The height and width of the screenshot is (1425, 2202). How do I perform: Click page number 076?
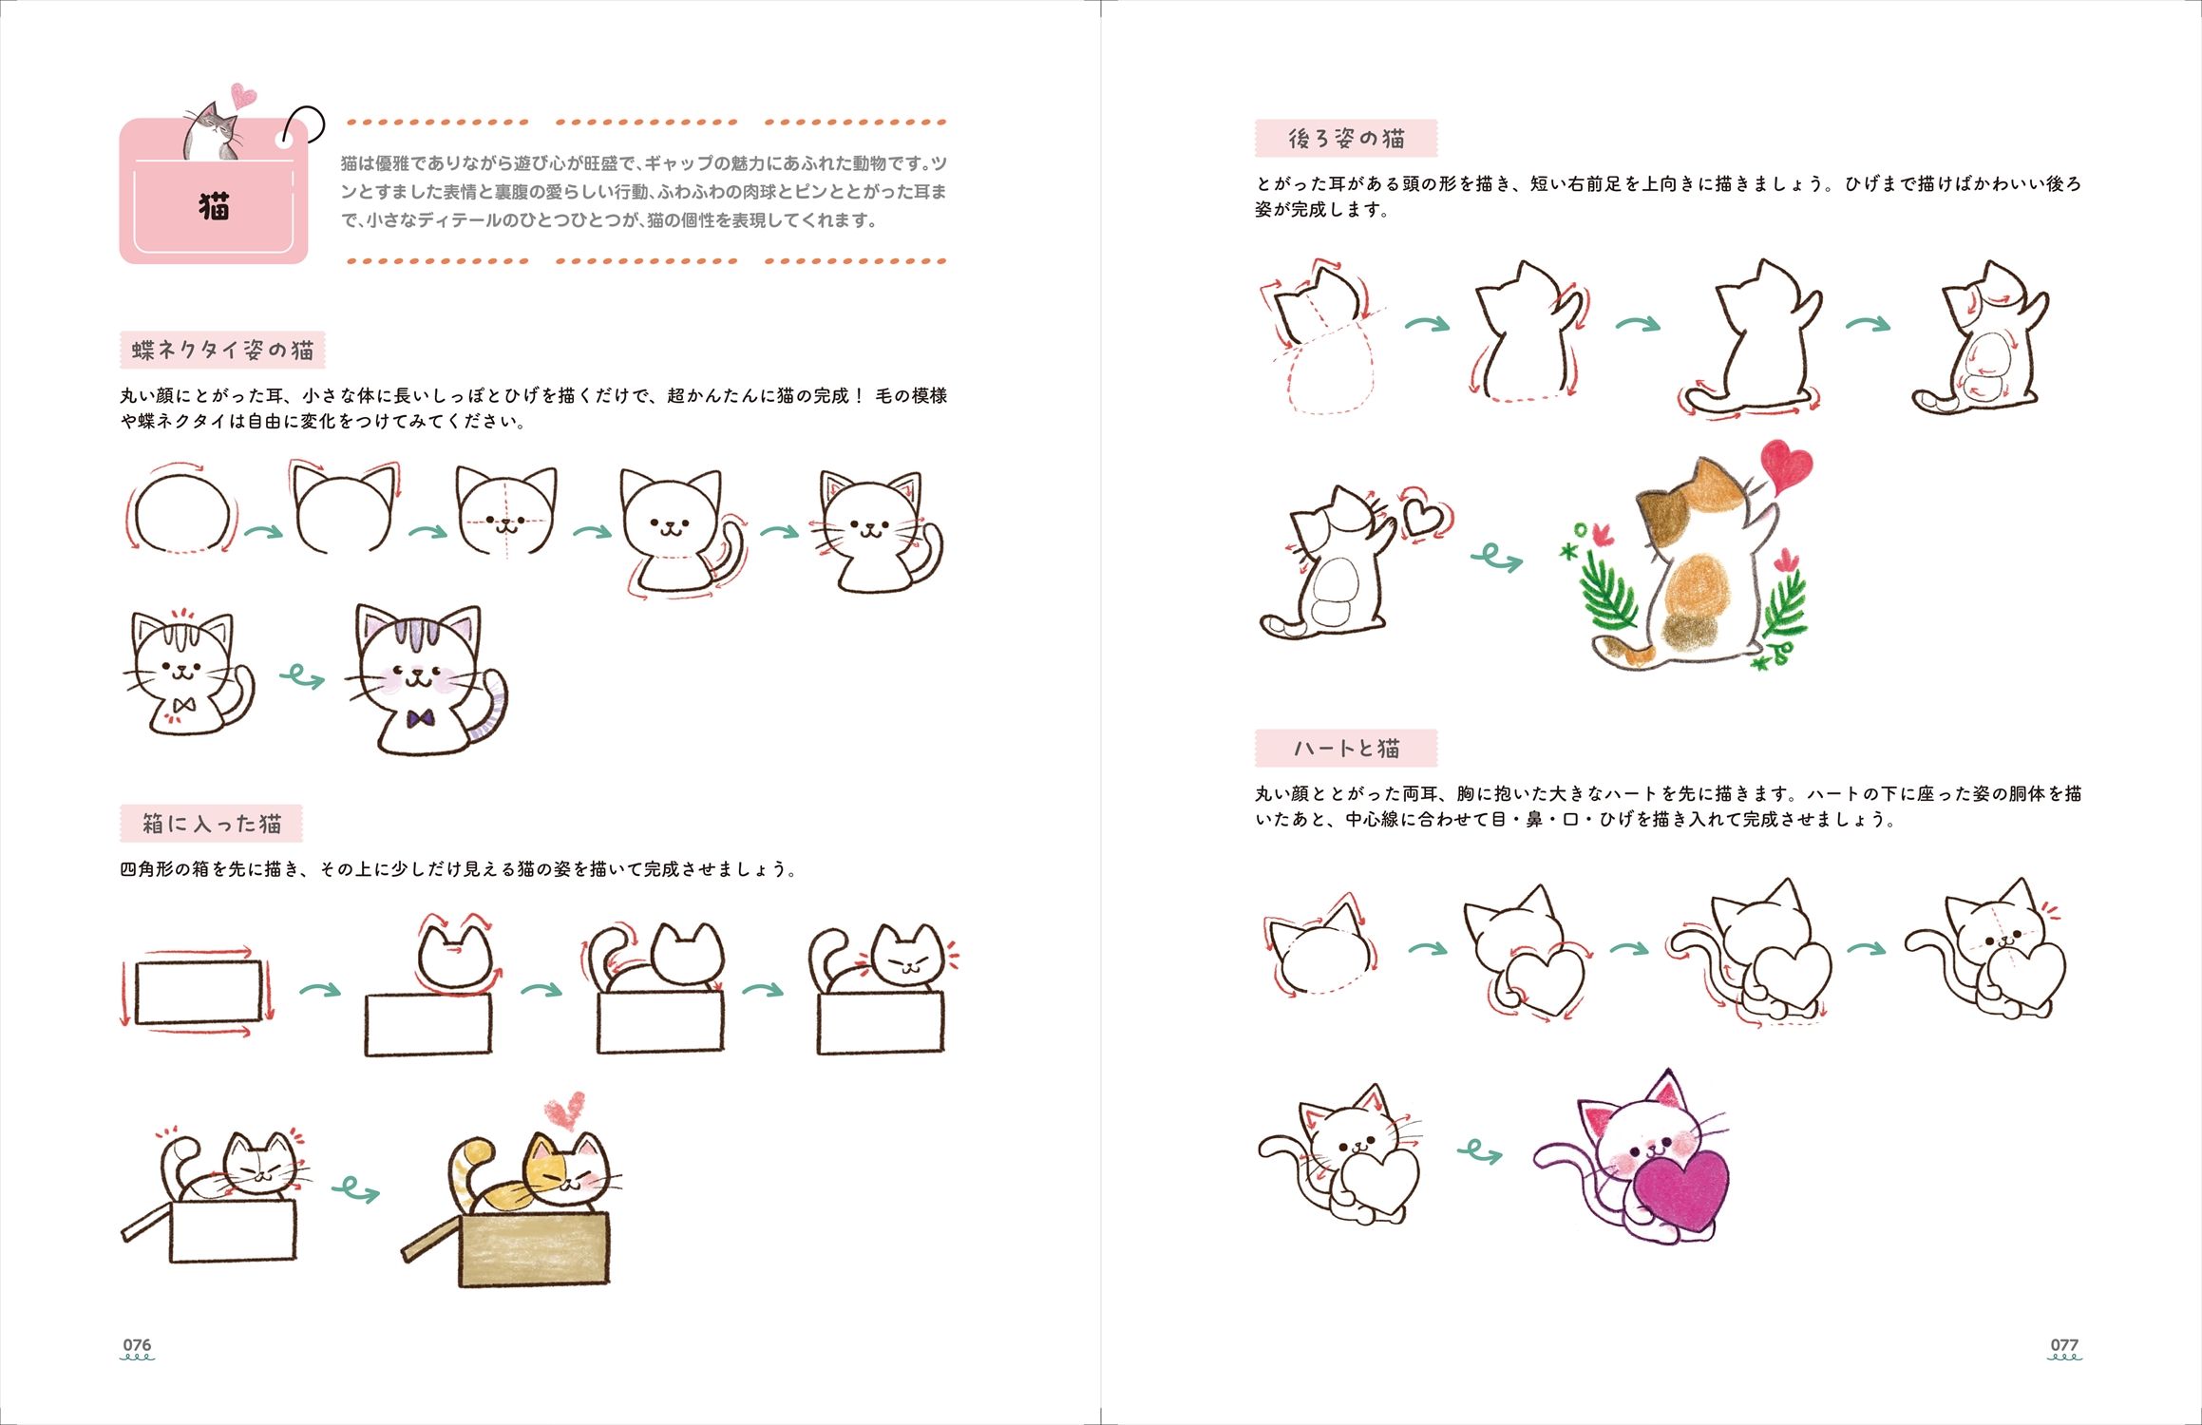point(137,1344)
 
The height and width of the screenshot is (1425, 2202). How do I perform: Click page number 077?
point(2063,1344)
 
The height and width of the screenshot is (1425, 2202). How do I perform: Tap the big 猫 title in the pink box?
point(214,205)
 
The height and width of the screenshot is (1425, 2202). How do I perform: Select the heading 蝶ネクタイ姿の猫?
point(223,350)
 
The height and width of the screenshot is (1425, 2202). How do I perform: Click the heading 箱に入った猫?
point(212,823)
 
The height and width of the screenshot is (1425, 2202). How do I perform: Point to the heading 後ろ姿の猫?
point(1346,139)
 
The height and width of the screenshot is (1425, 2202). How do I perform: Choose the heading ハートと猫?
point(1346,749)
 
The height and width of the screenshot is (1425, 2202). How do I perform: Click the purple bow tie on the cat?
point(420,718)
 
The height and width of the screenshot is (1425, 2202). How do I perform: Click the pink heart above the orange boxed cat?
point(566,1112)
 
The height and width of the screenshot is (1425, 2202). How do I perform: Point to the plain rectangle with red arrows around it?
point(199,992)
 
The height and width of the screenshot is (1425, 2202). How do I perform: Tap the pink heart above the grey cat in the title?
point(243,95)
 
